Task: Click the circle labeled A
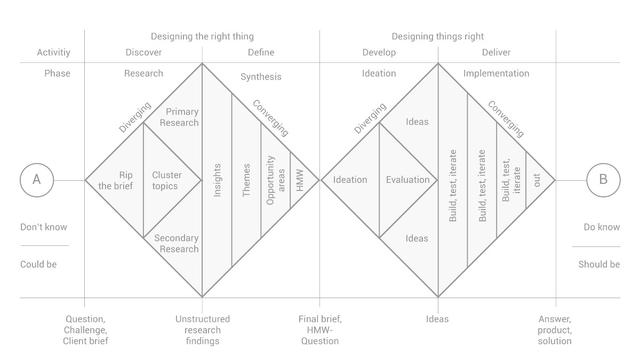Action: point(37,164)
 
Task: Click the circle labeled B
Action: point(603,164)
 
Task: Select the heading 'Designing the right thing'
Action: point(202,37)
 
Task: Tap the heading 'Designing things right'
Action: point(438,37)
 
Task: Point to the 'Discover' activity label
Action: point(143,52)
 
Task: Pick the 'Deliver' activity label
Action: point(497,52)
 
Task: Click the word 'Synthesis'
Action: point(261,77)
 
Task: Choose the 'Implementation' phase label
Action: point(497,74)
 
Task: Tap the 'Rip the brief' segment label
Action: point(116,181)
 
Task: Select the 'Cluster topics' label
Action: point(166,181)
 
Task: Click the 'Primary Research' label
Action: point(179,117)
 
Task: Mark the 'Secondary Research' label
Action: point(177,243)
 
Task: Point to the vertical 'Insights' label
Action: point(217,180)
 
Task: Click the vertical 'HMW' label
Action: point(299,180)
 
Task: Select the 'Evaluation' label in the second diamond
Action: point(407,180)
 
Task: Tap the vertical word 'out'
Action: point(537,180)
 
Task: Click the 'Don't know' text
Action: point(44,227)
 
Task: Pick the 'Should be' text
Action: point(599,265)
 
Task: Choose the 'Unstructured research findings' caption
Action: point(203,330)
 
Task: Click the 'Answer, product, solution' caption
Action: point(555,330)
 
